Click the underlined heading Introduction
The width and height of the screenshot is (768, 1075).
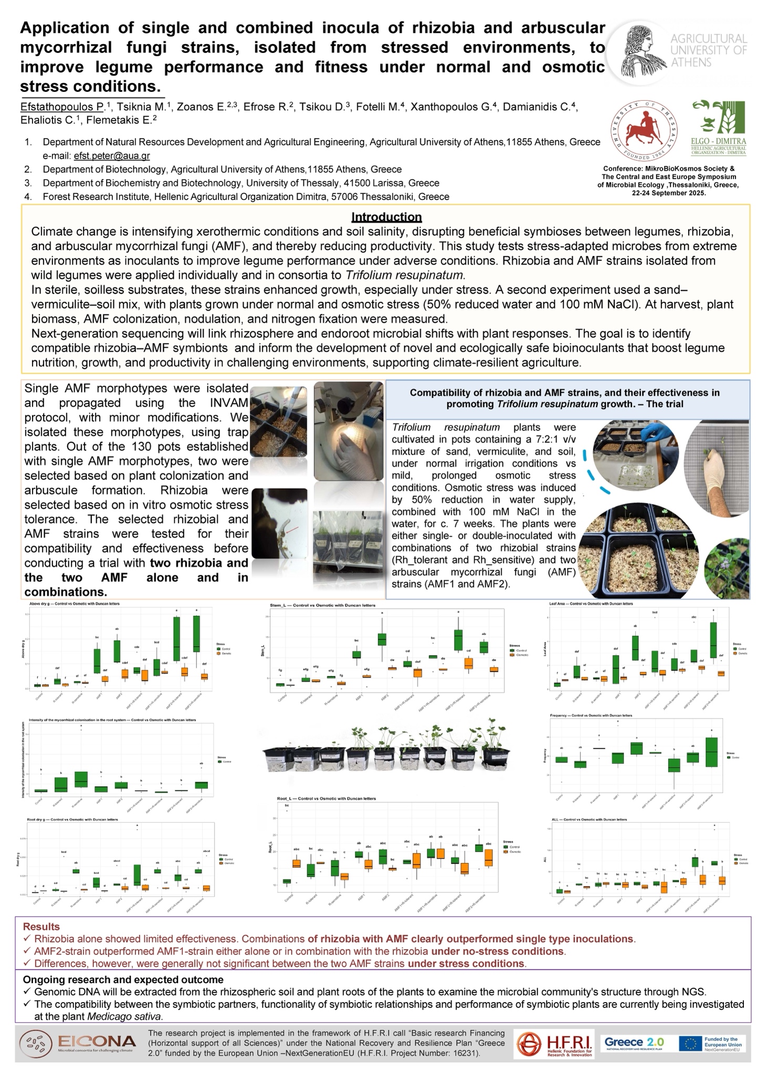[386, 217]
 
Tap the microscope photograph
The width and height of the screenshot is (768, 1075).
[348, 430]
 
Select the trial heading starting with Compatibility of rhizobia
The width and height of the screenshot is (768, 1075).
[564, 398]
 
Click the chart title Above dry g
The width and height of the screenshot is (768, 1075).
[74, 604]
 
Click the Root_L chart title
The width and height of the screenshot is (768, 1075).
[326, 799]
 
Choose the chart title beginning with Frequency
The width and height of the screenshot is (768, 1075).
[591, 715]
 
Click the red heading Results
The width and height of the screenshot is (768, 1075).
[41, 926]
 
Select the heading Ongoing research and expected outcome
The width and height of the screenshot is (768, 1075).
[123, 979]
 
